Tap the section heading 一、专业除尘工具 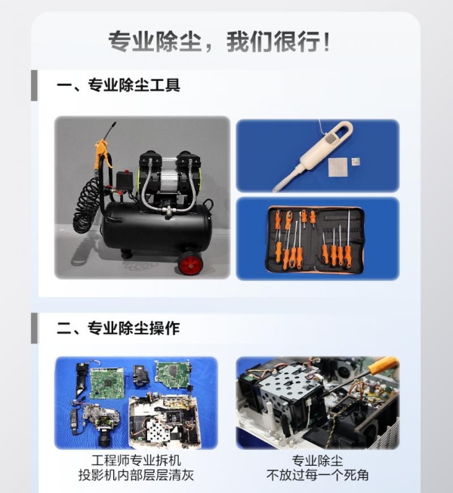(x=119, y=85)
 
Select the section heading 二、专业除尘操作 (x=119, y=328)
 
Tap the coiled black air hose (x=87, y=208)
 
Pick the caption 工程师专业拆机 (x=135, y=460)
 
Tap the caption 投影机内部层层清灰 (x=135, y=476)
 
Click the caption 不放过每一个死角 (x=317, y=476)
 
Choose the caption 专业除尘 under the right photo (x=317, y=460)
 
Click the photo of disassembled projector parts (x=136, y=402)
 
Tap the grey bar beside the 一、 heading (x=34, y=85)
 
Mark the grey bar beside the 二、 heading (x=34, y=328)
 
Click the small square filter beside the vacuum (x=342, y=165)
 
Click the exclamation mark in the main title (x=325, y=40)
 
